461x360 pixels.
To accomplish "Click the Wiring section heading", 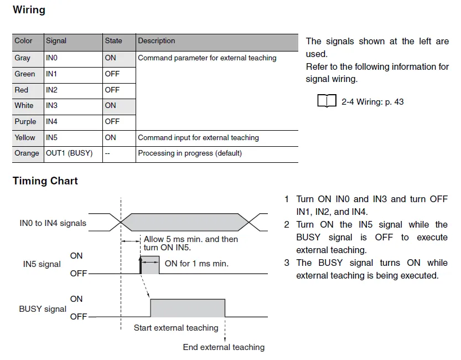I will pos(29,9).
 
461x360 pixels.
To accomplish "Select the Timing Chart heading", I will pos(45,181).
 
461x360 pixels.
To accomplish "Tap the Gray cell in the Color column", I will pos(23,58).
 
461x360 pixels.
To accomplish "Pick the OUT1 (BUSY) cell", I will pos(69,153).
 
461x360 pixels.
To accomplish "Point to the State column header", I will pos(113,41).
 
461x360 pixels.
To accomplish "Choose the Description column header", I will pos(157,41).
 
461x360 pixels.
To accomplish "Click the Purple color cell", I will pos(25,121).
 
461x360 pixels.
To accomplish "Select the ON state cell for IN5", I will pos(111,137).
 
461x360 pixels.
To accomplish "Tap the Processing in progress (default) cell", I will pos(190,153).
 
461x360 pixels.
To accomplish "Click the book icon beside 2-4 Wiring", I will pos(327,101).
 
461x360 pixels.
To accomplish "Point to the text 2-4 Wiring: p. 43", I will pos(372,102).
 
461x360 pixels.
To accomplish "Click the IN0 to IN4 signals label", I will pos(53,223).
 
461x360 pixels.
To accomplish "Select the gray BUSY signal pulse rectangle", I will pos(188,307).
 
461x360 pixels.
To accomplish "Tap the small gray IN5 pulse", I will pos(151,264).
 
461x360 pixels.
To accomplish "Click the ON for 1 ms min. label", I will pos(196,264).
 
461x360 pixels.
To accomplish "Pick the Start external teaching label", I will pos(176,328).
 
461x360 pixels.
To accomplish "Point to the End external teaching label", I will pos(224,347).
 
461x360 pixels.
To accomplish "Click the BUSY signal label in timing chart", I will pos(43,309).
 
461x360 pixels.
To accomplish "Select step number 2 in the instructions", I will pos(287,224).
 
